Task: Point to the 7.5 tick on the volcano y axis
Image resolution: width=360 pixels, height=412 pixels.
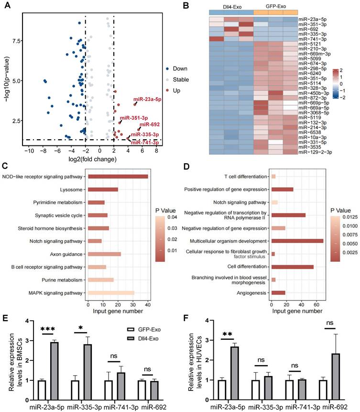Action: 16,41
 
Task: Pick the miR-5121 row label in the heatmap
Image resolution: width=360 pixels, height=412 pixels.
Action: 308,44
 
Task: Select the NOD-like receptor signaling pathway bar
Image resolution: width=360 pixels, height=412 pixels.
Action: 118,177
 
